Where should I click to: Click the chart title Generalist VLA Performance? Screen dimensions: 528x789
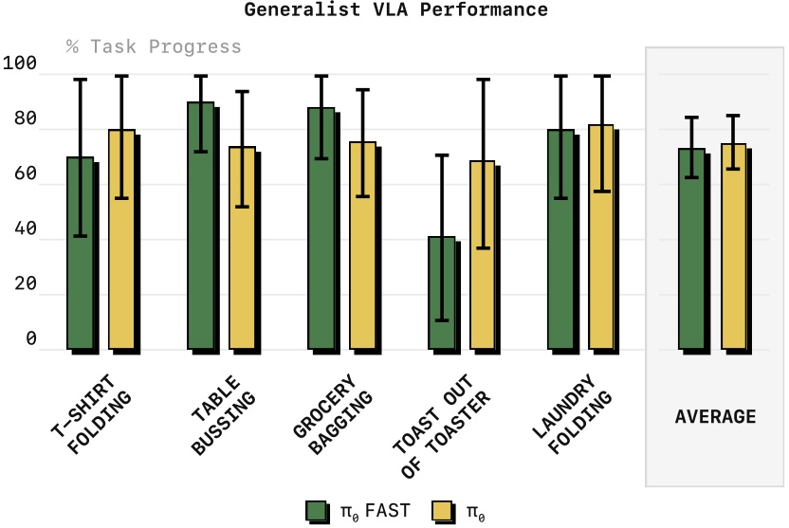(x=395, y=10)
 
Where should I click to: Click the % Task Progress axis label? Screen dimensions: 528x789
(x=154, y=46)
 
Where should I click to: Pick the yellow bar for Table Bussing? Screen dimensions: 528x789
(x=242, y=247)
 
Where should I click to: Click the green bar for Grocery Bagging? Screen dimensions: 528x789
(x=321, y=228)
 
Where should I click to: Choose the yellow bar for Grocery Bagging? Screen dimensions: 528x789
(x=363, y=246)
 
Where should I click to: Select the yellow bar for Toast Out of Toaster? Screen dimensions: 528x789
(x=483, y=255)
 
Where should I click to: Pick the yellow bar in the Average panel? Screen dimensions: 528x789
(x=734, y=246)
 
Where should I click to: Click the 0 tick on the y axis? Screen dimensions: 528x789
(x=31, y=339)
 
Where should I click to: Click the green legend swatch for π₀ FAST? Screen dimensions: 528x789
(x=317, y=511)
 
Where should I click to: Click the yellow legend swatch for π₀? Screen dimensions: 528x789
(x=442, y=511)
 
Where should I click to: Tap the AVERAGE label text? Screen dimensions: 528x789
(x=715, y=416)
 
